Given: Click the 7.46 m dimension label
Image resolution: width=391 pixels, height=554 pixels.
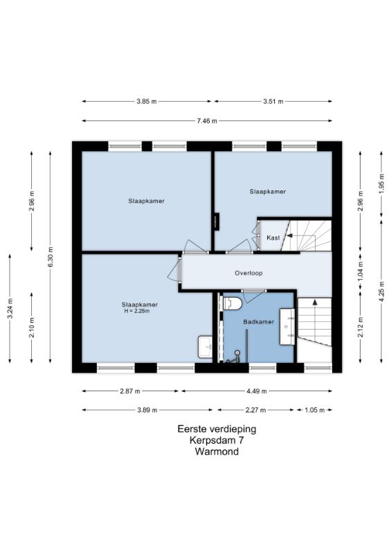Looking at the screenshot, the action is pyautogui.click(x=207, y=120).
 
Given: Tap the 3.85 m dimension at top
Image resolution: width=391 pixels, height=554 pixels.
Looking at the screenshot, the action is pyautogui.click(x=147, y=101).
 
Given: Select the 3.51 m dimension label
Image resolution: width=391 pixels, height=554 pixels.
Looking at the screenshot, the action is pyautogui.click(x=273, y=101).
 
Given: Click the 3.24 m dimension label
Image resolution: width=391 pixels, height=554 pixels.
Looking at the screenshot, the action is pyautogui.click(x=10, y=308).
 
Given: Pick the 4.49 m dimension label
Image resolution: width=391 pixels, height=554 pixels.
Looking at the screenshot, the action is pyautogui.click(x=257, y=391).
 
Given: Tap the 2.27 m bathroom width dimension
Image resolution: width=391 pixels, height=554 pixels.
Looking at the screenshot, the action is pyautogui.click(x=255, y=410).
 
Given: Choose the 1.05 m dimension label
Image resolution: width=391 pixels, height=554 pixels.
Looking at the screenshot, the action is pyautogui.click(x=314, y=410).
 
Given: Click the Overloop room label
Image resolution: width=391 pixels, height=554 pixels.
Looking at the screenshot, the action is pyautogui.click(x=248, y=273).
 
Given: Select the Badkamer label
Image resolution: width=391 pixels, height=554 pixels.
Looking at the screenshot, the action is pyautogui.click(x=259, y=322).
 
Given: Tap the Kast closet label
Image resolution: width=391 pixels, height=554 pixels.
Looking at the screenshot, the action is pyautogui.click(x=273, y=238).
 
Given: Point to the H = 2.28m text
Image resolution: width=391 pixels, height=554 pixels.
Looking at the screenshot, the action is pyautogui.click(x=137, y=311).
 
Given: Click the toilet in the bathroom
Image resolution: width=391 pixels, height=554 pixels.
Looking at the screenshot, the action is pyautogui.click(x=232, y=303).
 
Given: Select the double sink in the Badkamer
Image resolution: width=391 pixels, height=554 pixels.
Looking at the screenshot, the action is pyautogui.click(x=287, y=326).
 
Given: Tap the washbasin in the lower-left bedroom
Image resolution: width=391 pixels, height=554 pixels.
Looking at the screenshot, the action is pyautogui.click(x=205, y=347).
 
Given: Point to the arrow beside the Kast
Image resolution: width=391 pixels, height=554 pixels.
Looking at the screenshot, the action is pyautogui.click(x=290, y=235).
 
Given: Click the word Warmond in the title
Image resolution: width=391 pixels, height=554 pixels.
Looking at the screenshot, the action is pyautogui.click(x=217, y=452).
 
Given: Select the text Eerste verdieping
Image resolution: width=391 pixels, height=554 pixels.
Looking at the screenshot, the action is pyautogui.click(x=217, y=429).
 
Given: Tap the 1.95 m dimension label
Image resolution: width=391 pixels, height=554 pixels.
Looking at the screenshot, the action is pyautogui.click(x=381, y=184).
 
